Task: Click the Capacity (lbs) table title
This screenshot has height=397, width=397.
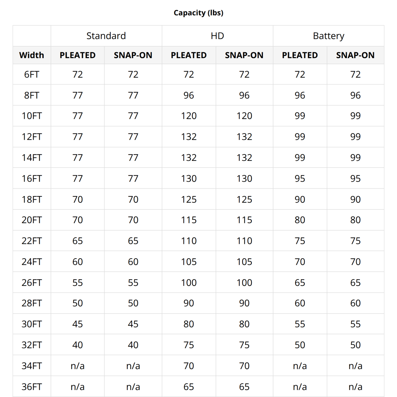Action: (x=198, y=13)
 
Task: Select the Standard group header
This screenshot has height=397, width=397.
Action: (x=106, y=36)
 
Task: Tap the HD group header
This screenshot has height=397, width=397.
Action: (x=217, y=36)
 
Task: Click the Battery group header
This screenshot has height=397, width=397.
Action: (x=328, y=36)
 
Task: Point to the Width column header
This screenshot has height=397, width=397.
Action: (x=32, y=55)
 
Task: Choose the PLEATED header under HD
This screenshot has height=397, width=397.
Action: (x=189, y=55)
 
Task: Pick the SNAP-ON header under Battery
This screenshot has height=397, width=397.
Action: (x=355, y=55)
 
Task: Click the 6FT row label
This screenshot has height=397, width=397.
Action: (x=32, y=74)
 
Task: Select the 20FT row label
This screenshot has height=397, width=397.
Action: (x=32, y=220)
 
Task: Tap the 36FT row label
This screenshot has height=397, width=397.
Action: (x=32, y=387)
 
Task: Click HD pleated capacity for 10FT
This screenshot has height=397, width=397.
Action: (x=189, y=116)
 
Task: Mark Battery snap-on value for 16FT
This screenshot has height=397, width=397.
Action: (x=355, y=179)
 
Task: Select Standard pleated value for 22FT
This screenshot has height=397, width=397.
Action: (x=78, y=241)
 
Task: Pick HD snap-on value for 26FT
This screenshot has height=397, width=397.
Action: (x=244, y=283)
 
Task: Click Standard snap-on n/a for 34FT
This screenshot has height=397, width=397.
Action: (x=133, y=366)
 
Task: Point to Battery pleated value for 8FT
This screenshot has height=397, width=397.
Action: (x=300, y=95)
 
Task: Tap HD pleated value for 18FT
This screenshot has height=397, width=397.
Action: (x=189, y=200)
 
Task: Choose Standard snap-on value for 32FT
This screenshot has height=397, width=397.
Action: (x=133, y=345)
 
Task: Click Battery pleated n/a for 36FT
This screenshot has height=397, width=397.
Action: (x=300, y=387)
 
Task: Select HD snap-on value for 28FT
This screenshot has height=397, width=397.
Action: (x=244, y=303)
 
